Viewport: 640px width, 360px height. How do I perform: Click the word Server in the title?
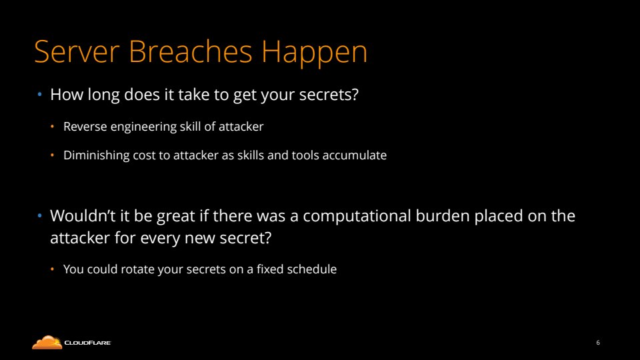click(x=77, y=51)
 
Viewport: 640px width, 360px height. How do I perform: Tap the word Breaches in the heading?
click(x=191, y=51)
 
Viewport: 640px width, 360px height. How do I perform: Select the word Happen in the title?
click(x=314, y=53)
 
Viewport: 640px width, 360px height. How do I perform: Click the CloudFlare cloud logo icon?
click(x=47, y=343)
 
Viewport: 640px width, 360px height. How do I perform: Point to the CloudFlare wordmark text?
click(x=87, y=343)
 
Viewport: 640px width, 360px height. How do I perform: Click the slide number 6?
click(x=598, y=343)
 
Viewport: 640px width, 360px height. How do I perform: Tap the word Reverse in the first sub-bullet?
click(x=85, y=127)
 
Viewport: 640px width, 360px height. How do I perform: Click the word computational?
click(x=356, y=216)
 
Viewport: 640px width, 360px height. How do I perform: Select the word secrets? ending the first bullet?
click(x=329, y=95)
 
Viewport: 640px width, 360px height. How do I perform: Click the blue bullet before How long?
click(x=39, y=95)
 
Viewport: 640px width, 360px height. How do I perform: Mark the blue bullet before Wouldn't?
click(x=39, y=216)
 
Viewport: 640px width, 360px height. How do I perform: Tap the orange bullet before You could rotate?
click(x=52, y=269)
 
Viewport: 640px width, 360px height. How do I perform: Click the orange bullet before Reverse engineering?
click(x=52, y=127)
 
